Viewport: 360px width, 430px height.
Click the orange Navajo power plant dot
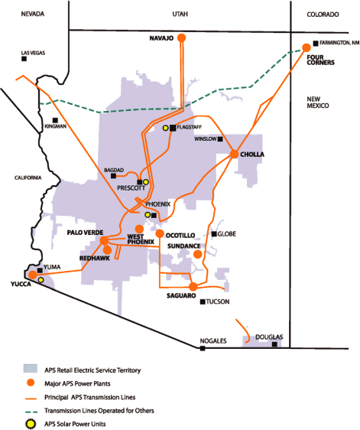click(x=181, y=37)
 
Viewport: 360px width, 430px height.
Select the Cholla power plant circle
click(x=234, y=155)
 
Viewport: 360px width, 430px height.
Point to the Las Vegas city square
click(x=24, y=58)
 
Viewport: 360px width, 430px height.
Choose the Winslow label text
click(x=206, y=139)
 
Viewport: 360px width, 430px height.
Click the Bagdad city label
click(x=114, y=170)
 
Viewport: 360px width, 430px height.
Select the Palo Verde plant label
click(x=84, y=232)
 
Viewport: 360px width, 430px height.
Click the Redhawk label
click(x=95, y=258)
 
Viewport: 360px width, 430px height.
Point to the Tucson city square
click(x=202, y=301)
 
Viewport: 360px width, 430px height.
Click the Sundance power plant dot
click(x=197, y=254)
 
